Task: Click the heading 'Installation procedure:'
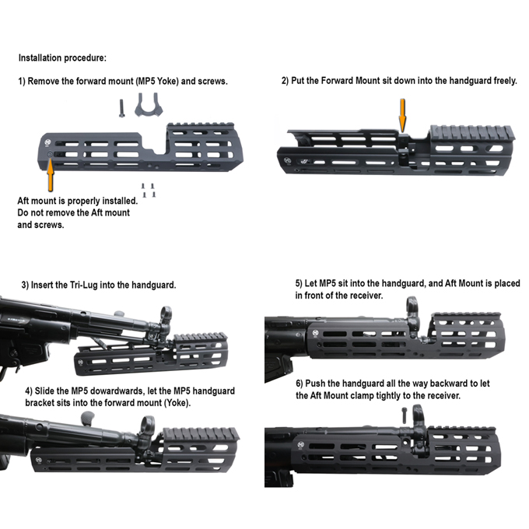tap(62, 58)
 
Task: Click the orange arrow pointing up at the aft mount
tap(51, 174)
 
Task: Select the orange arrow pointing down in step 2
tap(402, 116)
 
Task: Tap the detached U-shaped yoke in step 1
tap(149, 105)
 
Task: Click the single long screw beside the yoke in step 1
tap(121, 108)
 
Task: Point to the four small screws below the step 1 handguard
tap(149, 191)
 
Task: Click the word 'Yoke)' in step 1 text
tap(168, 82)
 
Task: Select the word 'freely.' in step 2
tap(506, 81)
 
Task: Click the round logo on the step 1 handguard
tap(47, 143)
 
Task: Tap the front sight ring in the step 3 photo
tap(166, 313)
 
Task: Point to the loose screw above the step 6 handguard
tap(405, 415)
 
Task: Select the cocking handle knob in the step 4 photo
tap(88, 418)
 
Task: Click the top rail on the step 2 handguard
tap(472, 132)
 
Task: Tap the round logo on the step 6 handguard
tap(300, 444)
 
